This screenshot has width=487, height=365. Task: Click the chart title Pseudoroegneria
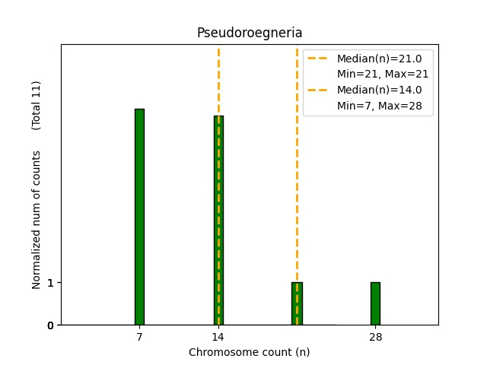point(250,33)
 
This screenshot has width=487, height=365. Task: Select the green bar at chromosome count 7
point(139,217)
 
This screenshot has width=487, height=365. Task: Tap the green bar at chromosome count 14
point(218,221)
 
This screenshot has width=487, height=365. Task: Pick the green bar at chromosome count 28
point(375,303)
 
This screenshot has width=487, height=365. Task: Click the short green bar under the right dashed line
point(297,303)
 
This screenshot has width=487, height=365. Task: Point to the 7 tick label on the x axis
point(139,336)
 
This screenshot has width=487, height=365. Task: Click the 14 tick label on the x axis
point(218,336)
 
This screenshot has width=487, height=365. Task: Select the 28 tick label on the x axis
point(375,336)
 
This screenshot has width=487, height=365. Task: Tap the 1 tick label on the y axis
point(50,283)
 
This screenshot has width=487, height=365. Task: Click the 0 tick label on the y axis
point(50,325)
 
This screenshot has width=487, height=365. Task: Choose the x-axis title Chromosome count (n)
point(250,352)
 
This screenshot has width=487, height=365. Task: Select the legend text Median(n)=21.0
point(379,58)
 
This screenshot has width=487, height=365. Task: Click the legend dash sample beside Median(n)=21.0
point(319,58)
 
